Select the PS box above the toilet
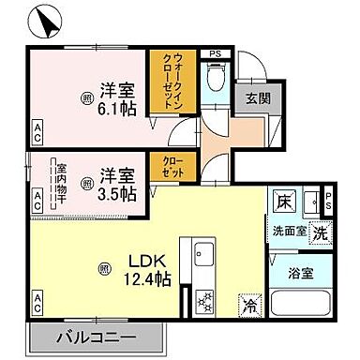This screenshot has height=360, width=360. click(215, 53)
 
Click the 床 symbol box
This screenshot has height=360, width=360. click(283, 202)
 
